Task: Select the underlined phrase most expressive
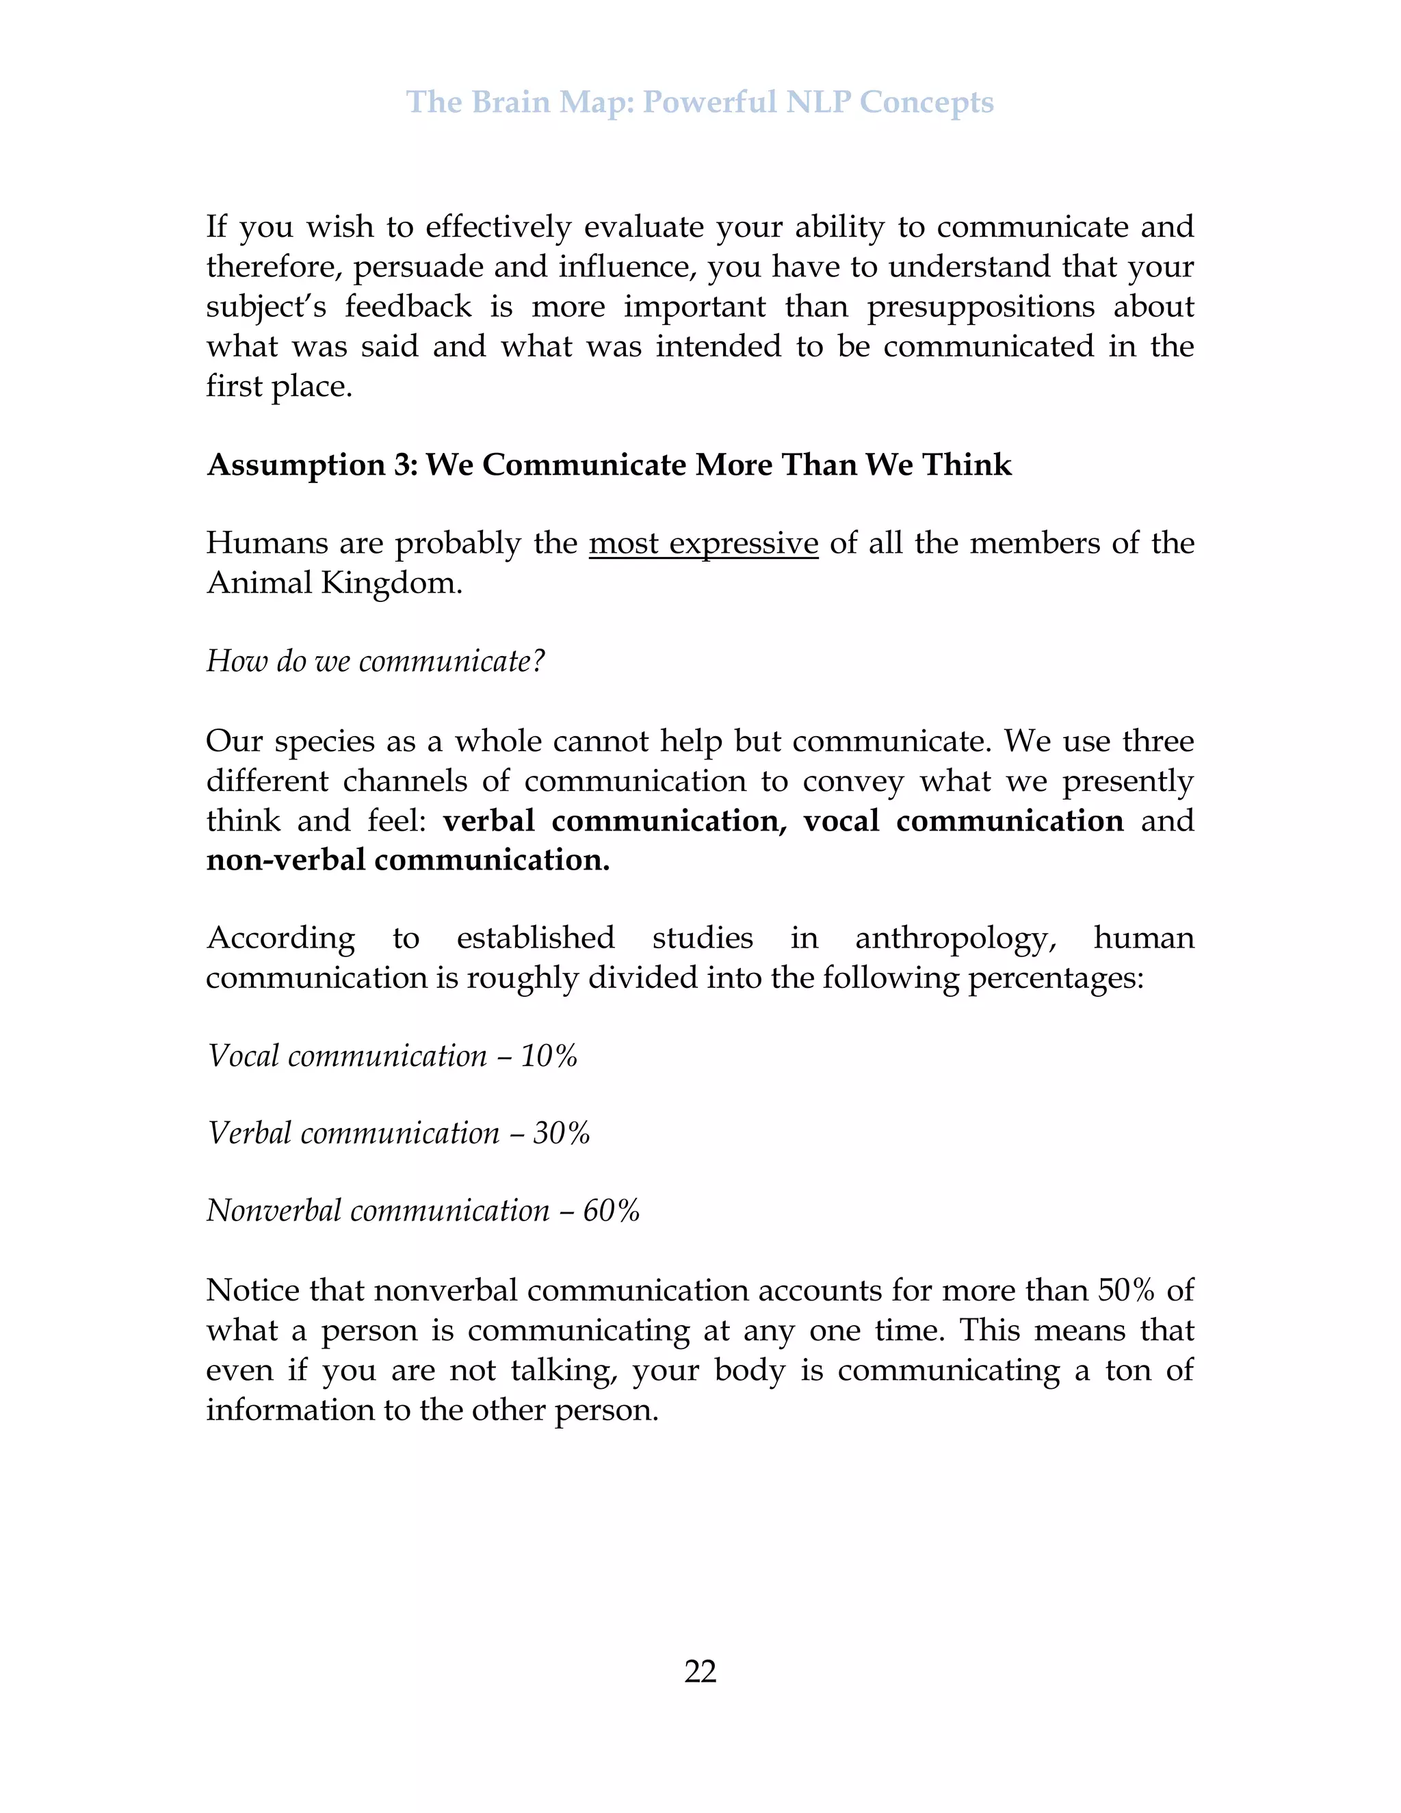[x=703, y=543]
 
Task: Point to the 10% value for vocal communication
[x=549, y=1056]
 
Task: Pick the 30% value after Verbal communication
[x=561, y=1133]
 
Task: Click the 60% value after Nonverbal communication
[x=611, y=1211]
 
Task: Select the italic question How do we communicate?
[x=375, y=661]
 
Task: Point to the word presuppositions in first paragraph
[x=981, y=306]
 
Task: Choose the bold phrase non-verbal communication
[x=408, y=860]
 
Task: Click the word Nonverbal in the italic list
[x=273, y=1211]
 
